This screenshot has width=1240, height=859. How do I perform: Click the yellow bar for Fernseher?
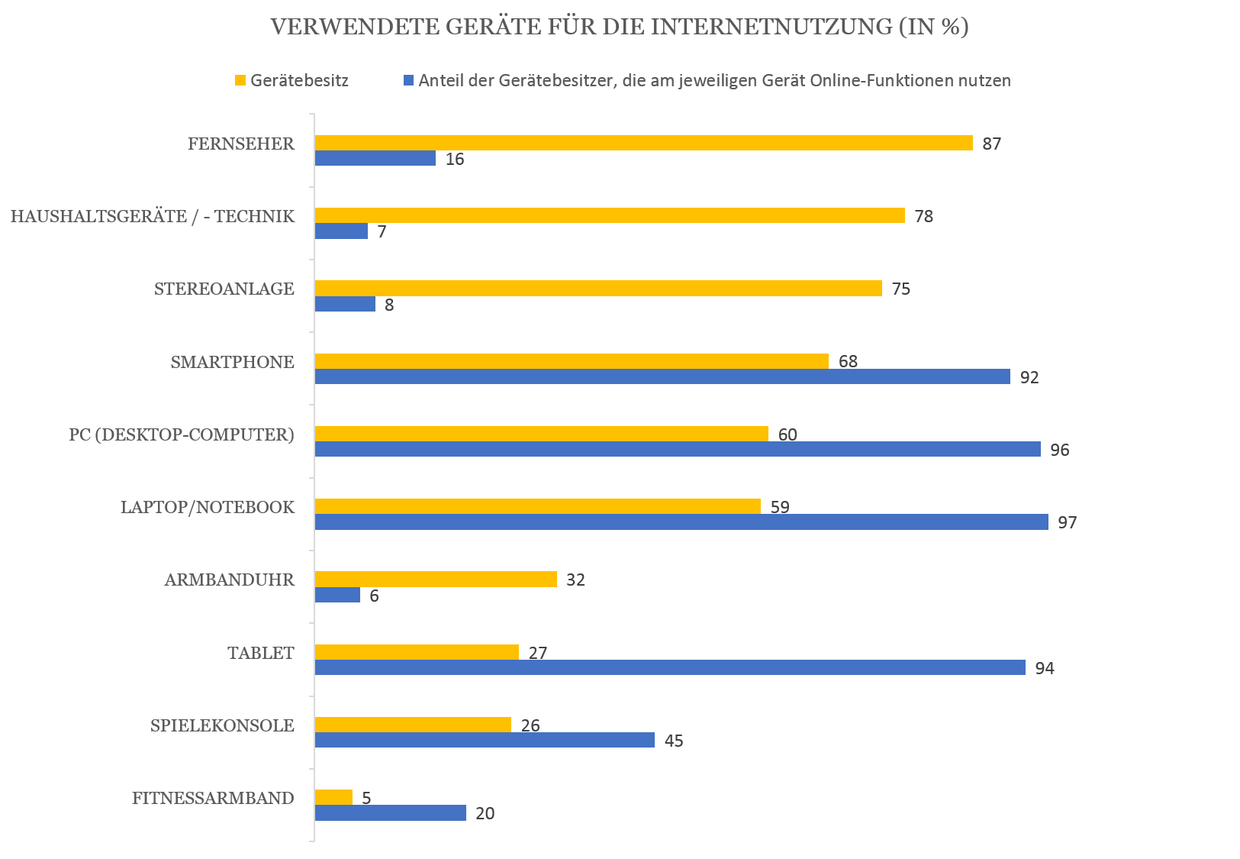[643, 143]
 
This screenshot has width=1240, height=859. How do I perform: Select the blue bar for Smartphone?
[662, 376]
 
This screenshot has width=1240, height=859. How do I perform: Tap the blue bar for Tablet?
[670, 667]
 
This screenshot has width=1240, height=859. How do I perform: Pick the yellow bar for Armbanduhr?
[436, 579]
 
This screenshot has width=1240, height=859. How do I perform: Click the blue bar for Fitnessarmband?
[391, 812]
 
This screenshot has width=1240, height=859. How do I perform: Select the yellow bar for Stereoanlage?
[598, 288]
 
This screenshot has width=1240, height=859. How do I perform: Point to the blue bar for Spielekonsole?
[485, 740]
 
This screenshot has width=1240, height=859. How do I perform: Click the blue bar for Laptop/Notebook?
[681, 522]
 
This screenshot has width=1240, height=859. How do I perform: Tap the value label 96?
[1059, 450]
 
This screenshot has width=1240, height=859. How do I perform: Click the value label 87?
[991, 144]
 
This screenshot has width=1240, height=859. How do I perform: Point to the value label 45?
[673, 741]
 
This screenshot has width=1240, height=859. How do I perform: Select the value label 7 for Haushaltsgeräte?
[382, 231]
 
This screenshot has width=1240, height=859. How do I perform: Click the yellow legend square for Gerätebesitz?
[240, 80]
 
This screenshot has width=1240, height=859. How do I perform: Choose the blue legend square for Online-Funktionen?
[408, 80]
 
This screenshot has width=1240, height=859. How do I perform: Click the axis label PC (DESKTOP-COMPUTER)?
[182, 434]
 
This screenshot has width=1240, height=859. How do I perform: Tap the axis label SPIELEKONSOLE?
[222, 725]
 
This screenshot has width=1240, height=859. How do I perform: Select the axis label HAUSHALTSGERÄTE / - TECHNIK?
[153, 216]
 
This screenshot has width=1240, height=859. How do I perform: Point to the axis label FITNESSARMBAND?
[213, 798]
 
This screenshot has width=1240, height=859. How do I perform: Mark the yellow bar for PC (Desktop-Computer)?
[541, 434]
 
